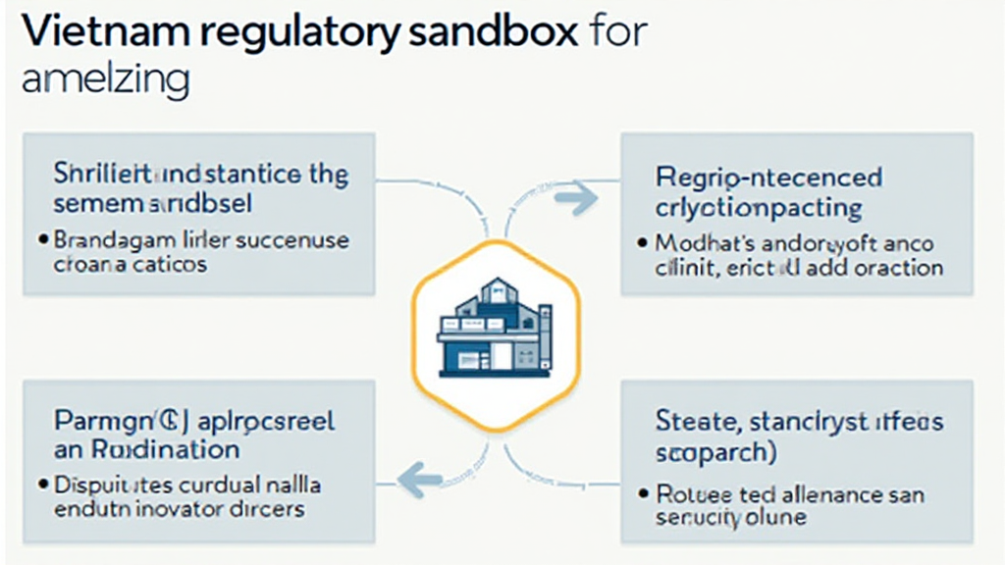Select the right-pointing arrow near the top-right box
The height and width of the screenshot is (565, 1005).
pyautogui.click(x=576, y=199)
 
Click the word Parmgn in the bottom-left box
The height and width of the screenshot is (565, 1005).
pyautogui.click(x=93, y=422)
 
